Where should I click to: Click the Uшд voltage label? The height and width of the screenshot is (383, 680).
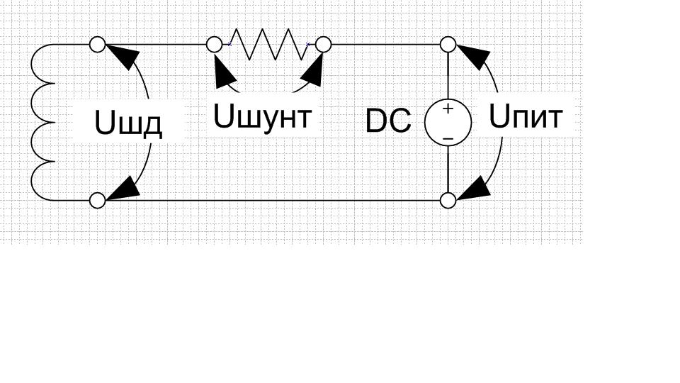point(128,124)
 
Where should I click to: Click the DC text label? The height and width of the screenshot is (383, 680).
point(388,122)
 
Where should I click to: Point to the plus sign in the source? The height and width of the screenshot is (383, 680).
point(448,109)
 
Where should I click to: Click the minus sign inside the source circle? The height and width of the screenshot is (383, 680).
point(448,137)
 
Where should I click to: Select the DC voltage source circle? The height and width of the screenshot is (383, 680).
point(448,123)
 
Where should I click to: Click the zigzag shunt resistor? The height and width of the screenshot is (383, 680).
point(268,44)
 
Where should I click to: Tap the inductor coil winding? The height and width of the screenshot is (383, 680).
point(42,122)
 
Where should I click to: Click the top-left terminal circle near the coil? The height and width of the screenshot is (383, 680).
point(98,45)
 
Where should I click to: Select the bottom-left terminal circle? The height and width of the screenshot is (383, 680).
point(98,201)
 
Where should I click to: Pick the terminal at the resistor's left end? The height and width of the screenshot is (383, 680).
point(214,45)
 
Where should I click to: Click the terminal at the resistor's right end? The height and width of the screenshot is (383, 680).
point(323,45)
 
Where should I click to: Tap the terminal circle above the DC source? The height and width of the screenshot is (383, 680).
point(448,45)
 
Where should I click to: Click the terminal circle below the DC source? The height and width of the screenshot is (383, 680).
point(448,201)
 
